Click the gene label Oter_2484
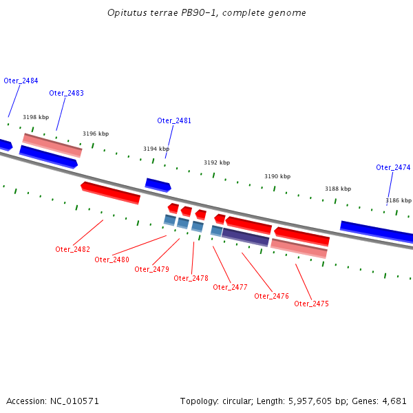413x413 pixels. click(x=21, y=81)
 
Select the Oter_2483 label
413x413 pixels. click(x=66, y=93)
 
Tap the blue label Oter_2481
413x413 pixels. click(x=174, y=120)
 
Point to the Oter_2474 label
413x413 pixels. click(x=393, y=167)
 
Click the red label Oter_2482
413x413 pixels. click(x=72, y=249)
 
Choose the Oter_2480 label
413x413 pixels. click(x=112, y=260)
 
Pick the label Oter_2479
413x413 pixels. click(x=151, y=269)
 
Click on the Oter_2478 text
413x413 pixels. click(x=191, y=278)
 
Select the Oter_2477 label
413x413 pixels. click(x=230, y=287)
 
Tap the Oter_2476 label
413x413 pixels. click(x=271, y=296)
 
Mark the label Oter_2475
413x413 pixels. click(x=311, y=304)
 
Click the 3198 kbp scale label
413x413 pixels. click(x=36, y=118)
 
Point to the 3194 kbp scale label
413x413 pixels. click(x=156, y=149)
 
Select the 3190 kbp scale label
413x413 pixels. click(x=277, y=177)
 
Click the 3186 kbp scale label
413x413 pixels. click(x=399, y=200)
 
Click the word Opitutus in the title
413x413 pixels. click(x=126, y=13)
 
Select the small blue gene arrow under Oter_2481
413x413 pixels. click(x=158, y=184)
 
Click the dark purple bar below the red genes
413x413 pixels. click(x=245, y=237)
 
